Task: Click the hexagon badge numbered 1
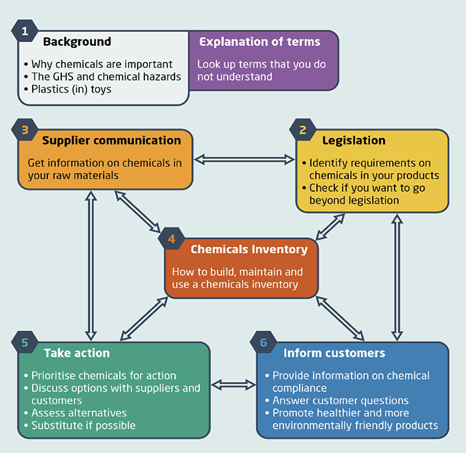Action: point(25,31)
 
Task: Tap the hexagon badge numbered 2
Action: point(303,131)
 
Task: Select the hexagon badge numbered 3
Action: point(25,131)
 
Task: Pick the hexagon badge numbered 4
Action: point(172,238)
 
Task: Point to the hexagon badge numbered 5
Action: point(25,342)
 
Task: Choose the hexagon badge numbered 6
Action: point(264,342)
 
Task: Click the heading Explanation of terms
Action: point(260,42)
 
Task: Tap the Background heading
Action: point(77,42)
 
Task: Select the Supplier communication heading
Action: point(111,141)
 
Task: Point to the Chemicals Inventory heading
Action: point(249,249)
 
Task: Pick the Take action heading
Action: point(77,352)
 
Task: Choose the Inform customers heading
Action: point(334,352)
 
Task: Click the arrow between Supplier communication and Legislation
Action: point(244,159)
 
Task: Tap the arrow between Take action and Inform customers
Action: point(233,384)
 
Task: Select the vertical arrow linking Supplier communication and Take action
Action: point(91,265)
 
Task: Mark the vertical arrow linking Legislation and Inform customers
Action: point(397,276)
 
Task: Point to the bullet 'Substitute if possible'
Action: point(83,425)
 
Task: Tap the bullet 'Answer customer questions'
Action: point(340,400)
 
